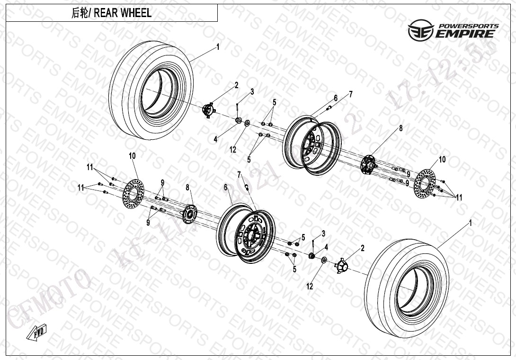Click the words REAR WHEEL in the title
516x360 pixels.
click(x=123, y=13)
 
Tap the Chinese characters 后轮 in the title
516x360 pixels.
click(x=79, y=13)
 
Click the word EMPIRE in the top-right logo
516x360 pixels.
click(x=466, y=34)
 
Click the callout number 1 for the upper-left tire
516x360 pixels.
click(x=218, y=46)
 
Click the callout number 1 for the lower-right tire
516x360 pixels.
click(x=471, y=222)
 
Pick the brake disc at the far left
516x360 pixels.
click(x=133, y=194)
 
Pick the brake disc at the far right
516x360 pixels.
click(x=425, y=182)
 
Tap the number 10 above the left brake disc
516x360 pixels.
click(x=132, y=156)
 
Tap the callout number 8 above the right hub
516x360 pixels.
click(x=400, y=128)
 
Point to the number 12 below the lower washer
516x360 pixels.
click(x=310, y=286)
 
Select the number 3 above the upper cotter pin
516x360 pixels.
click(x=252, y=91)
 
